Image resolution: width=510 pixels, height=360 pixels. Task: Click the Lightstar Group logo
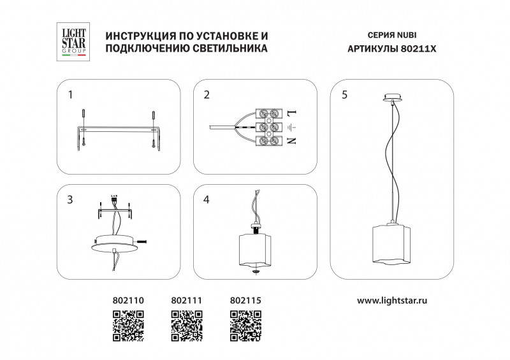(x=73, y=41)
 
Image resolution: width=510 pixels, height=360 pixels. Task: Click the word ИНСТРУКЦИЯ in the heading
(x=138, y=36)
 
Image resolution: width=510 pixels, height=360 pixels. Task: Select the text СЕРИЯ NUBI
(x=392, y=35)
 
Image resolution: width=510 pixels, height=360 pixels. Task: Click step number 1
(x=70, y=95)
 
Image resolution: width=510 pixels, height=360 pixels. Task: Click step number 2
(x=207, y=95)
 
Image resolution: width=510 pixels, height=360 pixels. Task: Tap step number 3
(x=70, y=199)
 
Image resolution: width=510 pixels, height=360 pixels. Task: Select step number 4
(x=206, y=199)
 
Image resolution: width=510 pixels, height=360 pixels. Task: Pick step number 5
(x=344, y=95)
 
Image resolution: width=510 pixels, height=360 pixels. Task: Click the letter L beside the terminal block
(x=292, y=113)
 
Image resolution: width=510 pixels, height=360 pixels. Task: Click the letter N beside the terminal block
(x=292, y=140)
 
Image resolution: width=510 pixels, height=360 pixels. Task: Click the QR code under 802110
(x=128, y=326)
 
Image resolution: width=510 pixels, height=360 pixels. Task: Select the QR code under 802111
(x=187, y=326)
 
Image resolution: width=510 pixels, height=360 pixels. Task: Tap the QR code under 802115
(x=245, y=326)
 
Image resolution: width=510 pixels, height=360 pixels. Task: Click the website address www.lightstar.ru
(x=392, y=301)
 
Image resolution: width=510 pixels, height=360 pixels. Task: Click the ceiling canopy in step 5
(x=393, y=97)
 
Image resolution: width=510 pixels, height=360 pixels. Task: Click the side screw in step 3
(x=142, y=241)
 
